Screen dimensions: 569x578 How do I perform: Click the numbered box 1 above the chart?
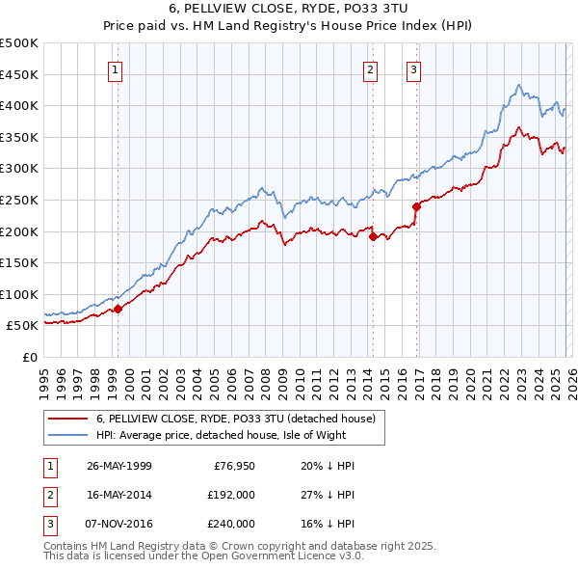tap(116, 68)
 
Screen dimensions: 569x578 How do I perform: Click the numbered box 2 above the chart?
tap(370, 68)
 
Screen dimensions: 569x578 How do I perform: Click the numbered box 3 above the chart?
tap(412, 68)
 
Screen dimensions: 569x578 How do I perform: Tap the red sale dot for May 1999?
tap(118, 309)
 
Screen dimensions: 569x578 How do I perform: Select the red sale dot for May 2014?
tap(372, 236)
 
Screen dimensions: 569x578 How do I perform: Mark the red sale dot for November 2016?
tap(416, 206)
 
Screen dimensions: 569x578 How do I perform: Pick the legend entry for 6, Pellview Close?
tap(241, 419)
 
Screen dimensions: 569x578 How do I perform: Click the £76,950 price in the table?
tap(231, 466)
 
